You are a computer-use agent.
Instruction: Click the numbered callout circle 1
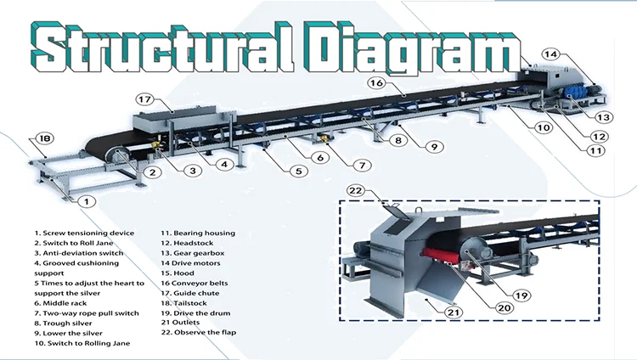coord(85,201)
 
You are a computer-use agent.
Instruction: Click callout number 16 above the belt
coord(377,82)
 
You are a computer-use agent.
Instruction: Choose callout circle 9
coord(432,146)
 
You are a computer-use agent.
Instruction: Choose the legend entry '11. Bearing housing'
coord(199,233)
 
